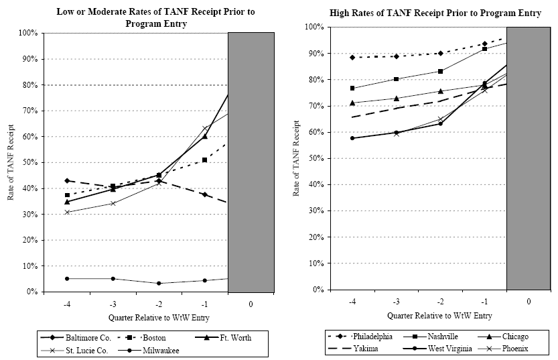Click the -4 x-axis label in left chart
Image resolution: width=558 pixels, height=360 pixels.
pos(68,304)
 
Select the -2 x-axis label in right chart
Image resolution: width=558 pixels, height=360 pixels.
pos(440,302)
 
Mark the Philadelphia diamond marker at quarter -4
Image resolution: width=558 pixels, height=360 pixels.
pos(352,58)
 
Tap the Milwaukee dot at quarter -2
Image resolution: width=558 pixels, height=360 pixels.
pos(159,283)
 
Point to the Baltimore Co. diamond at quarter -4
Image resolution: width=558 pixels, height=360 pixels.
pos(67,181)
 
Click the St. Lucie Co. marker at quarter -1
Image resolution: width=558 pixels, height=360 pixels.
pos(204,128)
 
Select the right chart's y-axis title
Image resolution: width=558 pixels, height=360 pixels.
pos(296,158)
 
